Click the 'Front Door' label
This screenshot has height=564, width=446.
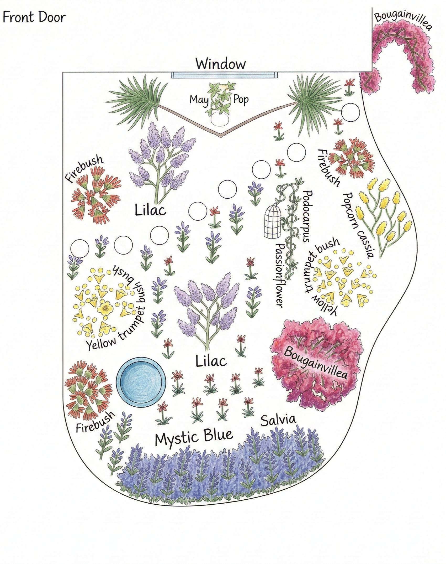[34, 18]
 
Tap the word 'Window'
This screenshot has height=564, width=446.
[221, 64]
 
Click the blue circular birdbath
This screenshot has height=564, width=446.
[141, 381]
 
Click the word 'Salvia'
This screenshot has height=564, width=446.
[278, 420]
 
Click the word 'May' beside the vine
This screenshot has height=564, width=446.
[199, 100]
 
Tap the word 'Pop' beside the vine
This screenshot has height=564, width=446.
[241, 100]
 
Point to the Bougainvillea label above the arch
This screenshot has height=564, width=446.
[402, 19]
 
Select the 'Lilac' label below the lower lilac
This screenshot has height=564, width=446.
[211, 361]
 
